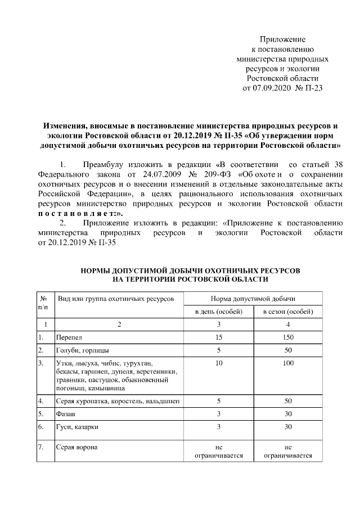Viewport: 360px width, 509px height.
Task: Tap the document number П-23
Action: click(x=313, y=88)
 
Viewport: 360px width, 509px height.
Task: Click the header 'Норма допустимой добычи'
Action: click(x=253, y=298)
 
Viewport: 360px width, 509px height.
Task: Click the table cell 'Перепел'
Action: click(x=69, y=337)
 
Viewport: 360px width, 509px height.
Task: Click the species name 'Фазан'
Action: click(x=66, y=415)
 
